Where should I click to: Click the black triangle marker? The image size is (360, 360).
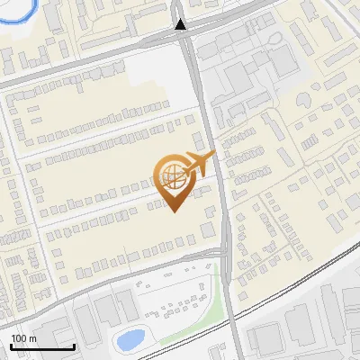[182, 24]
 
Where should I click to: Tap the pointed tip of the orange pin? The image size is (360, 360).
[174, 211]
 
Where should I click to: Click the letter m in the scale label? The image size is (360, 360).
[33, 338]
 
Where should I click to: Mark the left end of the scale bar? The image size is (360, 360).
[11, 346]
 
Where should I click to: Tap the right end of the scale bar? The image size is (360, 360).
[74, 346]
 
